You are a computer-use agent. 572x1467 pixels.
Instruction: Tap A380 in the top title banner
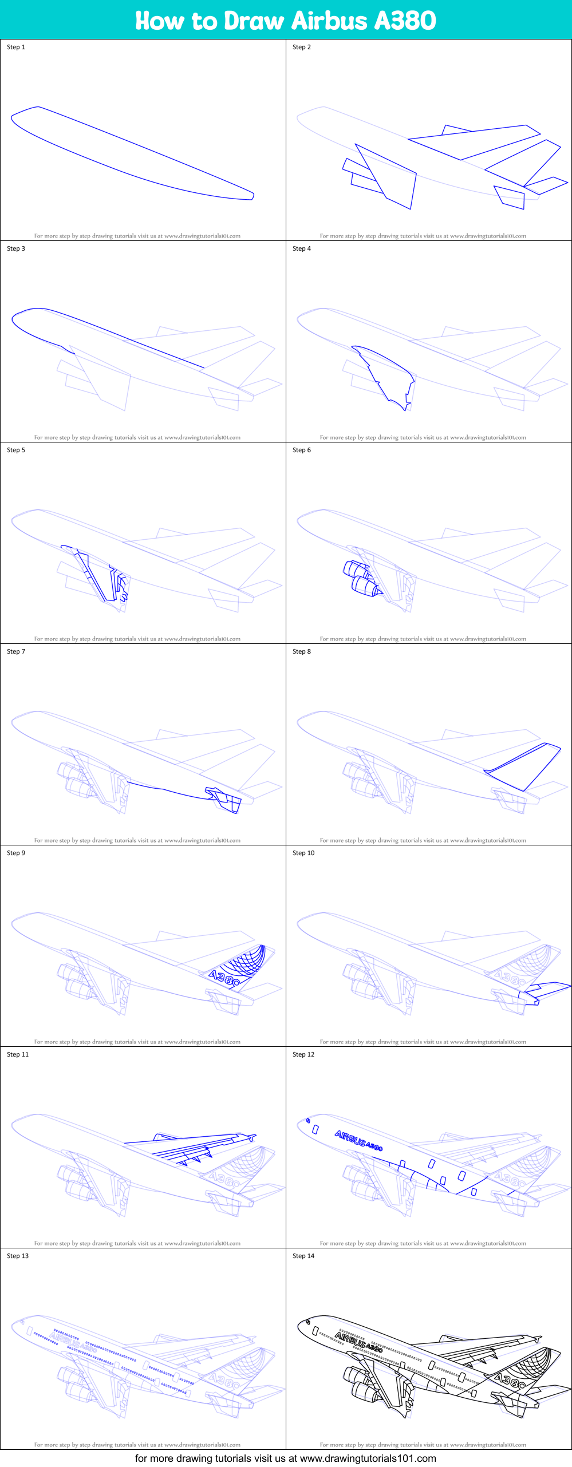(405, 21)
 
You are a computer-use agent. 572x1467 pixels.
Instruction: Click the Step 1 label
(16, 47)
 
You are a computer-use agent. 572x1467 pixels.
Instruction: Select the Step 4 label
(302, 248)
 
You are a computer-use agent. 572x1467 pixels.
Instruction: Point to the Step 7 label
(16, 651)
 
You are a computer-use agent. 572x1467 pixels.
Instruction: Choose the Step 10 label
(303, 853)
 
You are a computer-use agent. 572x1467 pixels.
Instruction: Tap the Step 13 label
(18, 1256)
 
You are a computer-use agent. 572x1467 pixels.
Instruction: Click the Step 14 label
(303, 1256)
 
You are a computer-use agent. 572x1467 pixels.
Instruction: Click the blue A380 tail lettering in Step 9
(224, 978)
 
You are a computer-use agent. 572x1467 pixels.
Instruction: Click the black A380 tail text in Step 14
(510, 1381)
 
